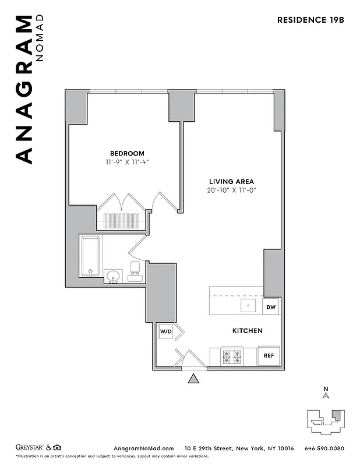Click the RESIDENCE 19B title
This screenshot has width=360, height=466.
311,19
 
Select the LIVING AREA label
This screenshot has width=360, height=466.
231,181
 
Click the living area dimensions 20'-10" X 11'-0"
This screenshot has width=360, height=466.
231,190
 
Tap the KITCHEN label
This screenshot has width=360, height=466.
248,331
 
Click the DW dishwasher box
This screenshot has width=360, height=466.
270,307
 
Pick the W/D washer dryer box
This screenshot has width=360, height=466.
166,332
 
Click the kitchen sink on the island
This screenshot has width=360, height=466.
249,305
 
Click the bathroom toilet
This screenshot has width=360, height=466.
135,271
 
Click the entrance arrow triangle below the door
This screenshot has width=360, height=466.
194,379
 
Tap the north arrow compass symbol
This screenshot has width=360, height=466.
326,394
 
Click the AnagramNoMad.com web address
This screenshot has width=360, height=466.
143,448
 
